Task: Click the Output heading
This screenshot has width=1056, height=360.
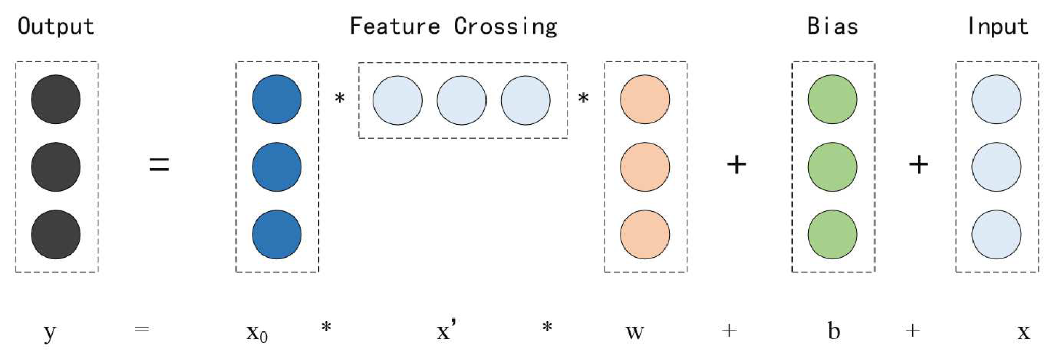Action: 56,26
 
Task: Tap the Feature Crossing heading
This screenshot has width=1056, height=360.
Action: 453,26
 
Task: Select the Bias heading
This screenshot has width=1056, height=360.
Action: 832,26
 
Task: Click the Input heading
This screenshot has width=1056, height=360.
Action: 998,26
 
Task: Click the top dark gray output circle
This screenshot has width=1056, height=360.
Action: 55,100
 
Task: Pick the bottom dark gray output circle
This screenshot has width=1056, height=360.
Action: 55,234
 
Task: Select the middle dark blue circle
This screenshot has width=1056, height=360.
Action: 276,167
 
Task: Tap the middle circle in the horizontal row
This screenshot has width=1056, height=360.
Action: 462,101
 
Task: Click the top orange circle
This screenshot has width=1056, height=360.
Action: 645,100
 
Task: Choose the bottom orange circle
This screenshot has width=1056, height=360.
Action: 645,234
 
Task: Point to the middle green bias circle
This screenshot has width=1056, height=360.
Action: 832,167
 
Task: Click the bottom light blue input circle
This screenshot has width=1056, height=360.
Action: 996,234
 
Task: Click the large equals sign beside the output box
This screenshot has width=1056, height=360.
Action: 159,165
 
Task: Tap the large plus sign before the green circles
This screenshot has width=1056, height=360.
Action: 737,165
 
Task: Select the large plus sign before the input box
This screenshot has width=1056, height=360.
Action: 919,165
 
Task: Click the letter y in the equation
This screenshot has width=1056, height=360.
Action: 49,332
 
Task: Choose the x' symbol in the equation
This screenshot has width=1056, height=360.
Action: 446,330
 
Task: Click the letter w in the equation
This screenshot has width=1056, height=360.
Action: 635,332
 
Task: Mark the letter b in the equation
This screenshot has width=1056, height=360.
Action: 833,330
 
